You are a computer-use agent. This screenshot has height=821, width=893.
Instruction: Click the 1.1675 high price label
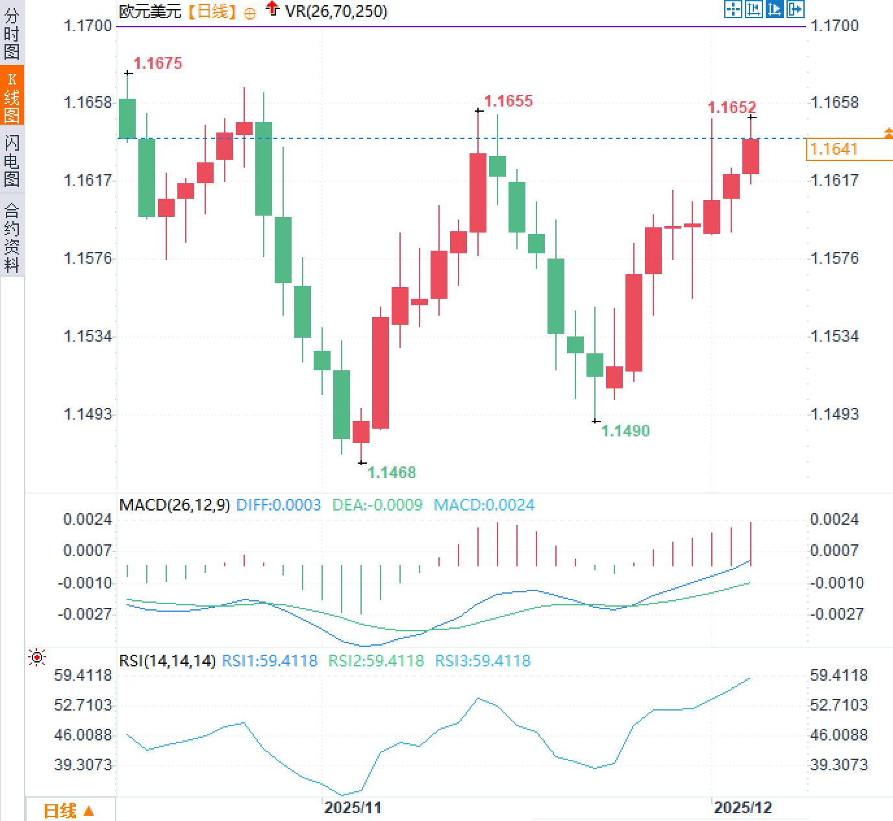158,63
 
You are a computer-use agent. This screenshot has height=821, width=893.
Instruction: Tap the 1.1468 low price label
392,472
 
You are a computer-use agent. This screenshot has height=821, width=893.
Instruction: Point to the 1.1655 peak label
509,101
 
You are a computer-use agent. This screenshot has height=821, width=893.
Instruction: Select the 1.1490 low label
625,431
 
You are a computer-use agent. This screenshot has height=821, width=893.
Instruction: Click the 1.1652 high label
732,107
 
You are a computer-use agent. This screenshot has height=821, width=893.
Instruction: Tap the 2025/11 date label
353,807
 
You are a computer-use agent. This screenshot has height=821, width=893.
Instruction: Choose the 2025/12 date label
743,807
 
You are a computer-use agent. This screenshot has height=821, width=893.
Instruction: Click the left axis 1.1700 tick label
88,25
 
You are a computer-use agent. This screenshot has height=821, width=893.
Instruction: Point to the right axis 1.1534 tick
835,336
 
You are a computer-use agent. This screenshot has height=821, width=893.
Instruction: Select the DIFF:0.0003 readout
279,505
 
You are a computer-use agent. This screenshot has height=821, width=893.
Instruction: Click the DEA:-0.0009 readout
377,505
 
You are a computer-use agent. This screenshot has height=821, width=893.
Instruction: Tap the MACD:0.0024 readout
484,505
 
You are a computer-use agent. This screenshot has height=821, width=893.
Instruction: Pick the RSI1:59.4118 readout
270,661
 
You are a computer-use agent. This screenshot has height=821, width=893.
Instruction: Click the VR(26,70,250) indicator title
336,11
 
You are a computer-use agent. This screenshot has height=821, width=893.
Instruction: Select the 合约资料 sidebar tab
12,237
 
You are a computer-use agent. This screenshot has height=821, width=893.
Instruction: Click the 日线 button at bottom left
69,810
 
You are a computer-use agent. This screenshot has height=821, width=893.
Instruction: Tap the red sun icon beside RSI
38,657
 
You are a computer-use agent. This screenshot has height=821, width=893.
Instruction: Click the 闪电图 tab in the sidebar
12,160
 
